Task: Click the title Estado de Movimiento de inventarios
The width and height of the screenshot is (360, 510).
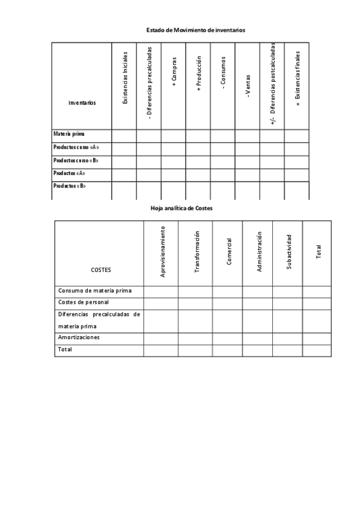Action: click(195, 29)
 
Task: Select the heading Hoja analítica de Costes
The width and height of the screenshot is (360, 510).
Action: click(181, 208)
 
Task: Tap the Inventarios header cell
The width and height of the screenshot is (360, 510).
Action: click(82, 102)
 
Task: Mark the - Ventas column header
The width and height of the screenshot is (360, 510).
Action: click(248, 86)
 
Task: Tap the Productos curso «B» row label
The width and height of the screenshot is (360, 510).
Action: click(76, 161)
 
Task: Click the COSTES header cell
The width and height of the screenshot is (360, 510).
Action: click(101, 270)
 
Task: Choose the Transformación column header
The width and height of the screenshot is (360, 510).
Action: click(196, 253)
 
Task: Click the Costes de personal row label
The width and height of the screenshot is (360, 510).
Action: click(83, 302)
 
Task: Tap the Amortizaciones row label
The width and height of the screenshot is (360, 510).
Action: click(79, 337)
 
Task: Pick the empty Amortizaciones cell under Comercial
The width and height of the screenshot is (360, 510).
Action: click(229, 338)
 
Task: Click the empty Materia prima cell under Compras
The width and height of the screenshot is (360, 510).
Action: click(173, 135)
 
